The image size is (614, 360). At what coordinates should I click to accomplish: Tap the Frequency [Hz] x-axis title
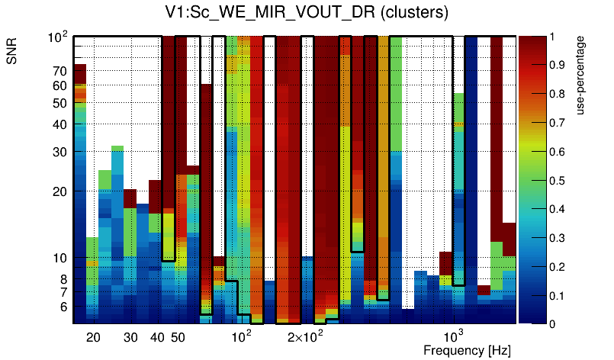pos(467,350)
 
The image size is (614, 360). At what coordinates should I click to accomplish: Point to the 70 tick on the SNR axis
pos(59,71)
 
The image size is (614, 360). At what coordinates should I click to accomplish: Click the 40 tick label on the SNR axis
pos(59,124)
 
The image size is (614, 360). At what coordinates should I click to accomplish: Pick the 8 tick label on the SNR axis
pos(62,279)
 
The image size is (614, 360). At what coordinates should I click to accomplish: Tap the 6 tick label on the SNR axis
pos(62,307)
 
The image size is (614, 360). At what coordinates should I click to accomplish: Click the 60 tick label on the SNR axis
pos(59,86)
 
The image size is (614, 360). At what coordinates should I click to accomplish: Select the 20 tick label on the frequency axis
pos(93,337)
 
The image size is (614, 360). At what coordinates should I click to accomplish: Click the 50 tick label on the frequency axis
pos(177,337)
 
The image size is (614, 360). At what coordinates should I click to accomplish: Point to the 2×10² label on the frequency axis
pos(306,336)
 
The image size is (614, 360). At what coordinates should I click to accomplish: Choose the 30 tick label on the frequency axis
pos(130,337)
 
